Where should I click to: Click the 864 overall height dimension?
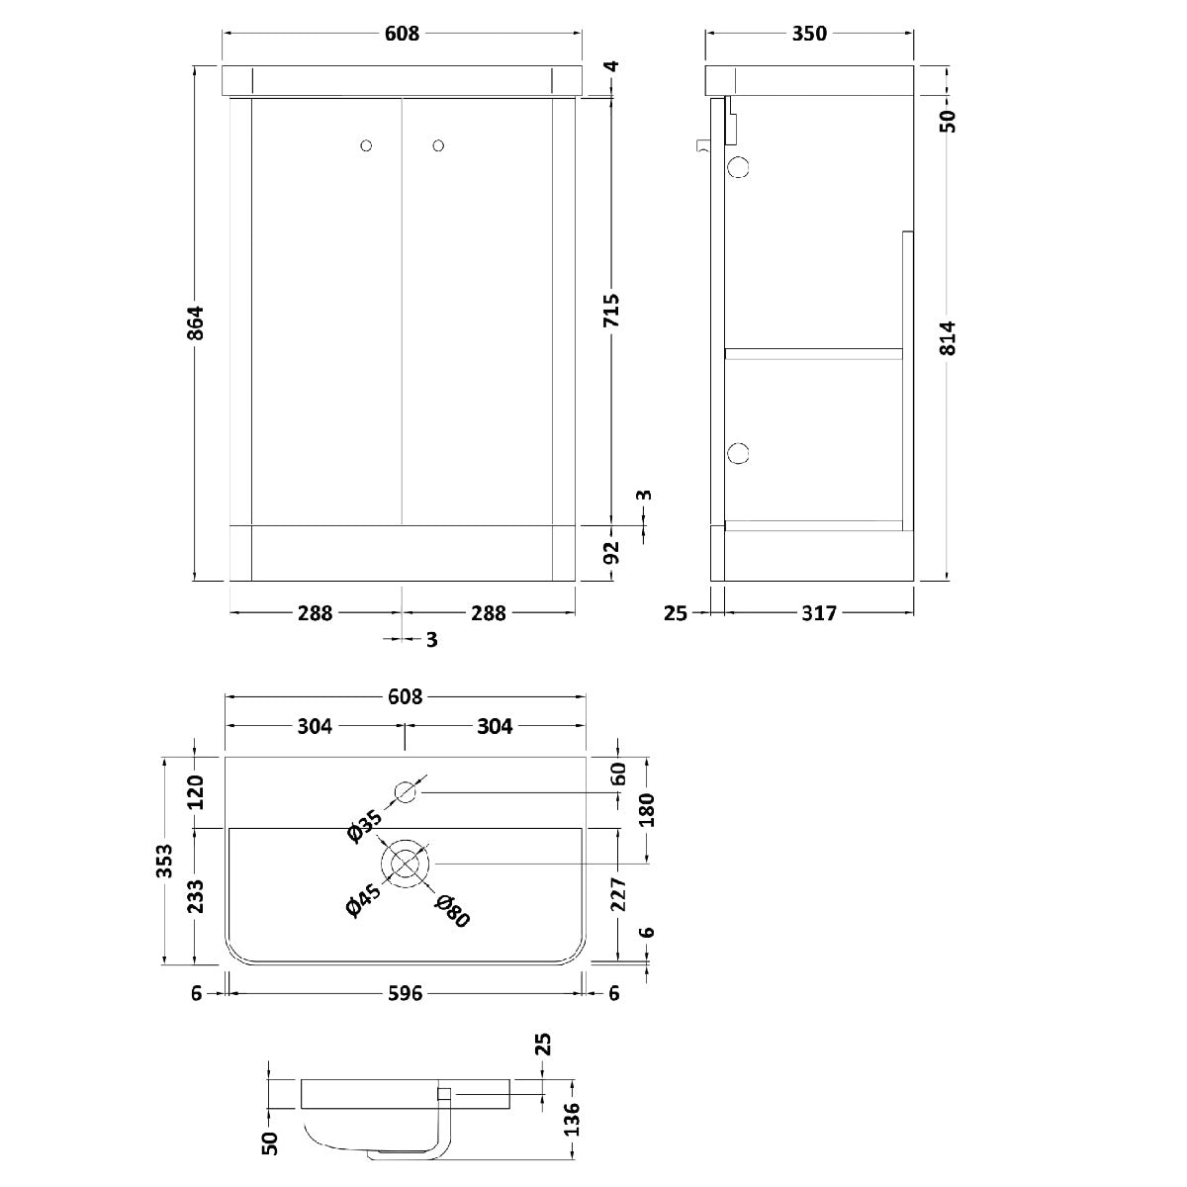tap(195, 322)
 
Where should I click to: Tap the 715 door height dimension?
tap(611, 310)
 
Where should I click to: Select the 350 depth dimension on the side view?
tap(809, 34)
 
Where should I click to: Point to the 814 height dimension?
tap(948, 338)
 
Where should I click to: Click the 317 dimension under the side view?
tap(819, 613)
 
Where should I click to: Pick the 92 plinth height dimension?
tap(611, 553)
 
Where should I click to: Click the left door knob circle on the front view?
tap(366, 146)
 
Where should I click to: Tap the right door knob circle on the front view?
tap(438, 146)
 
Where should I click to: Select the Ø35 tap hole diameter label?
tap(365, 827)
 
